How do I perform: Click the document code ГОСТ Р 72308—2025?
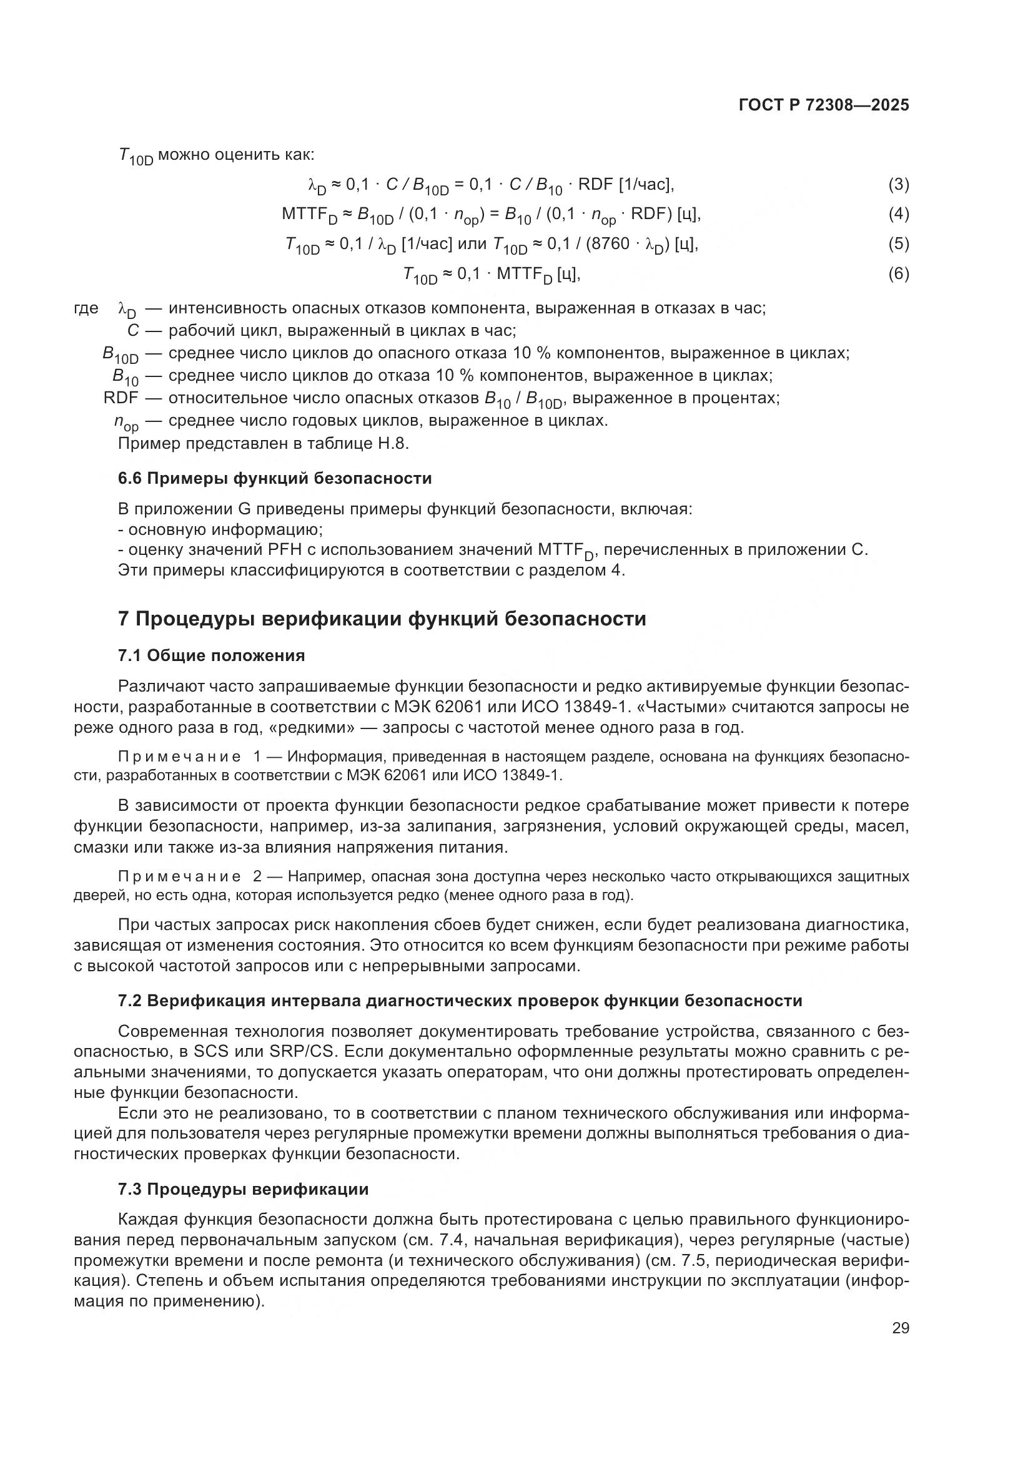pyautogui.click(x=824, y=105)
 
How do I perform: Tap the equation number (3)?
pyautogui.click(x=898, y=185)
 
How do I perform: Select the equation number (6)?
pyautogui.click(x=898, y=274)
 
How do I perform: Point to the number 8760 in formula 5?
pyautogui.click(x=611, y=244)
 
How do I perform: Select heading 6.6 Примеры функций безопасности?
pyautogui.click(x=275, y=478)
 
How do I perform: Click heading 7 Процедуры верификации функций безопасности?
pyautogui.click(x=382, y=619)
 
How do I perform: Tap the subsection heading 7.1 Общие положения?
pyautogui.click(x=211, y=655)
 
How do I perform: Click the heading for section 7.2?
pyautogui.click(x=460, y=1001)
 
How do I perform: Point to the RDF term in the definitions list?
pyautogui.click(x=121, y=399)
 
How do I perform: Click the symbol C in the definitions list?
pyautogui.click(x=133, y=331)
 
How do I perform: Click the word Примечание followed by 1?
pyautogui.click(x=180, y=757)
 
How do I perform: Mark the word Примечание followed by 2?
pyautogui.click(x=180, y=876)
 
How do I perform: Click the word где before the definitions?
pyautogui.click(x=86, y=308)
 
